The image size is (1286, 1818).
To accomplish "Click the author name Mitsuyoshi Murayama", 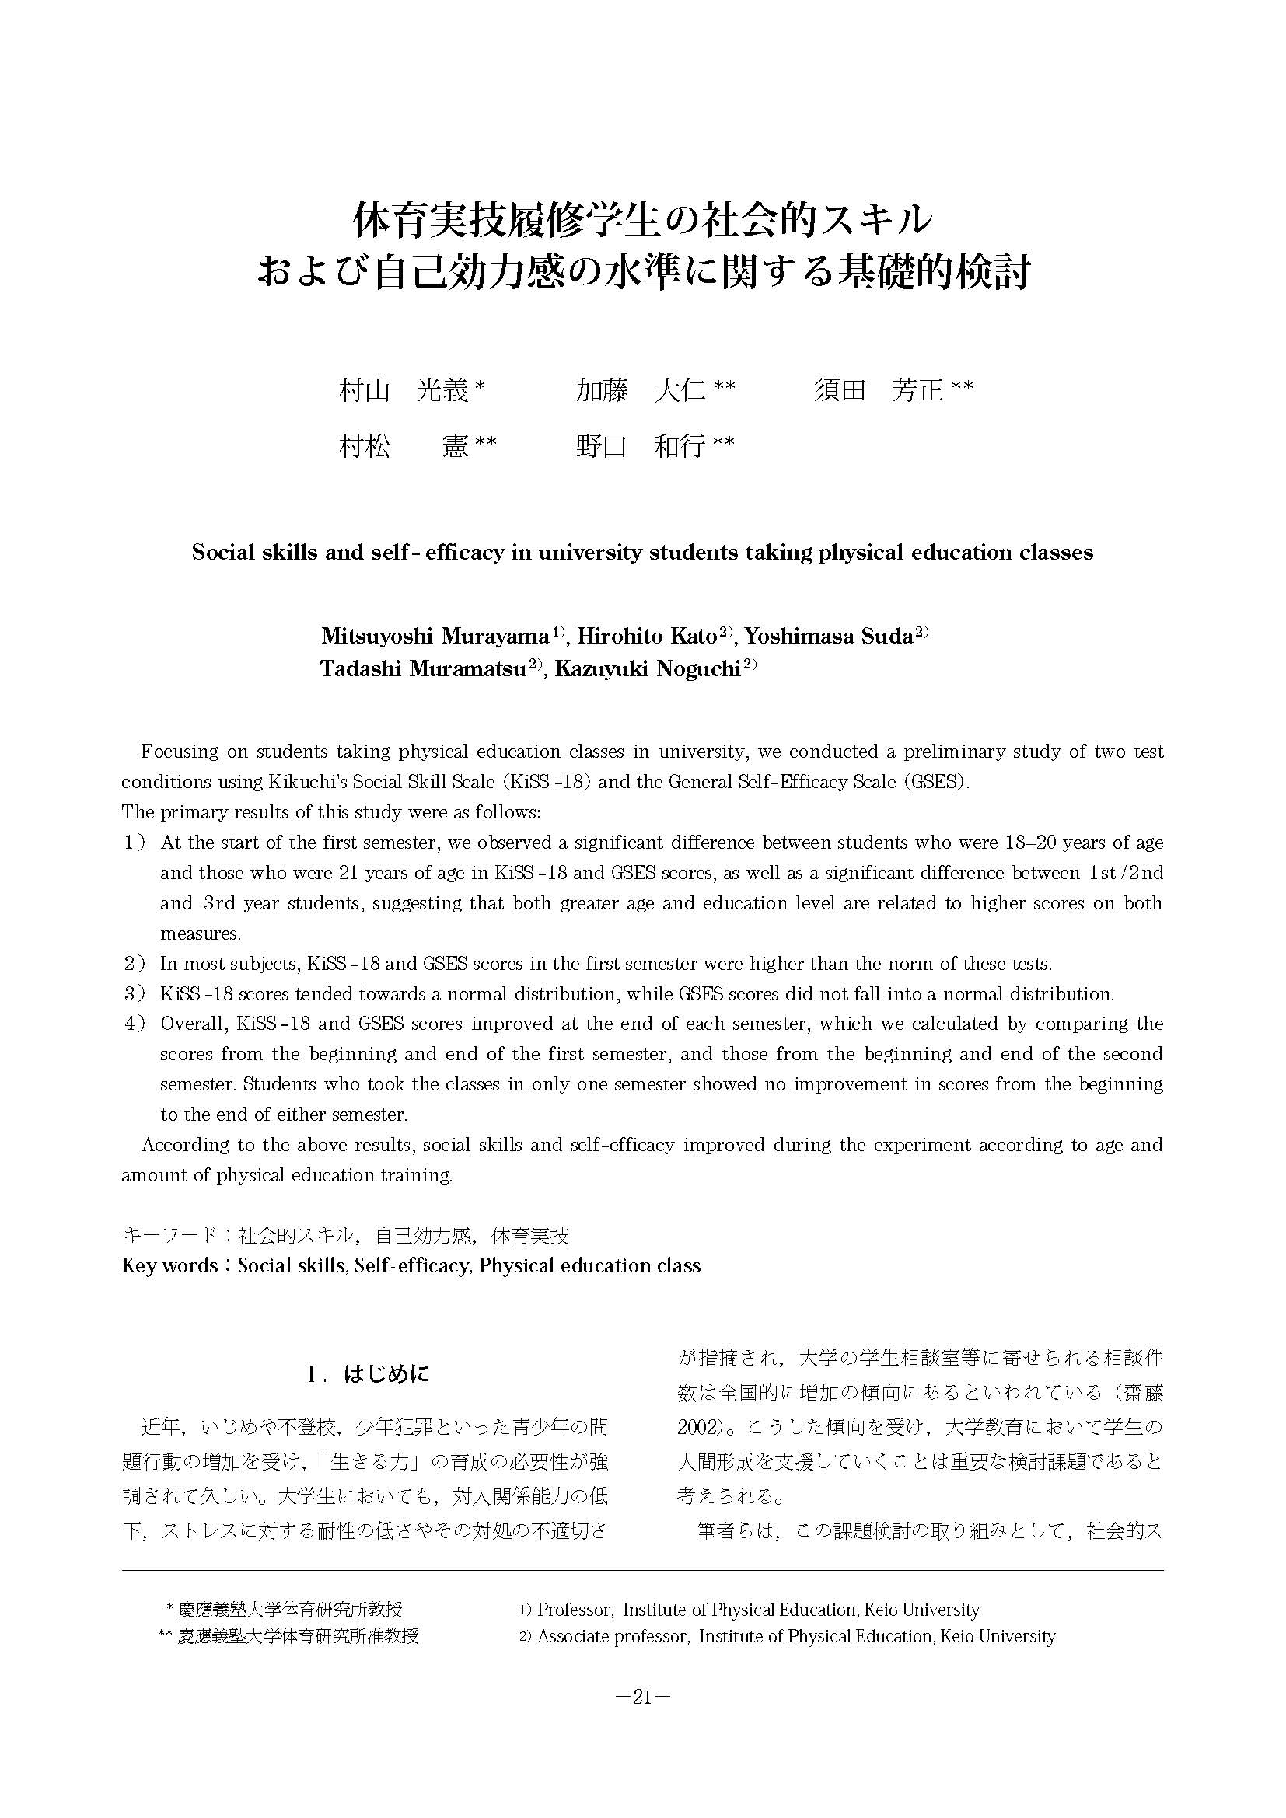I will point(435,636).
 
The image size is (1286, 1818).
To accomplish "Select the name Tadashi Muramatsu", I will point(424,668).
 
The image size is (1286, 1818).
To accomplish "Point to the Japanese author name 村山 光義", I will point(404,390).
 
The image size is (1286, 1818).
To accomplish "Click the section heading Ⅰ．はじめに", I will point(369,1373).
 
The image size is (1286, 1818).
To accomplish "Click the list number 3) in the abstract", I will point(135,994).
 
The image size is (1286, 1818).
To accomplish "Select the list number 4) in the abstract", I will point(135,1024).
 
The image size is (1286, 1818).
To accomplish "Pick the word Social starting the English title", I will point(222,553).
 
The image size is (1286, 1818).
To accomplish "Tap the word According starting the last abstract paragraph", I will point(183,1145).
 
